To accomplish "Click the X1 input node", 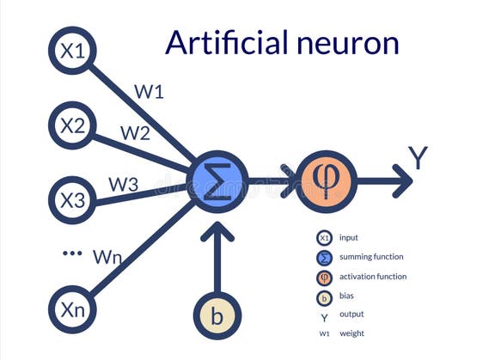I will [x=71, y=51].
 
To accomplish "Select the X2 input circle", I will [x=71, y=125].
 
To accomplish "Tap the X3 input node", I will [x=71, y=199].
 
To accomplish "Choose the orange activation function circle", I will [x=326, y=181].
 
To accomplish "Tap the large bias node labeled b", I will [x=217, y=316].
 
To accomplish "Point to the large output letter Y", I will [x=418, y=159].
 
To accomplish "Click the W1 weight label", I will [x=150, y=92].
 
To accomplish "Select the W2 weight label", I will [x=134, y=133].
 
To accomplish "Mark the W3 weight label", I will [x=123, y=184].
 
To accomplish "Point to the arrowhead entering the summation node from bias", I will [x=217, y=230].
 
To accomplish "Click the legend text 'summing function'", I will [x=371, y=257].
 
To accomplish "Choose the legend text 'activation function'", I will [x=373, y=277].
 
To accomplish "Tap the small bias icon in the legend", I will [x=324, y=297].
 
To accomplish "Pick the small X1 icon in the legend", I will [x=324, y=238].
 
